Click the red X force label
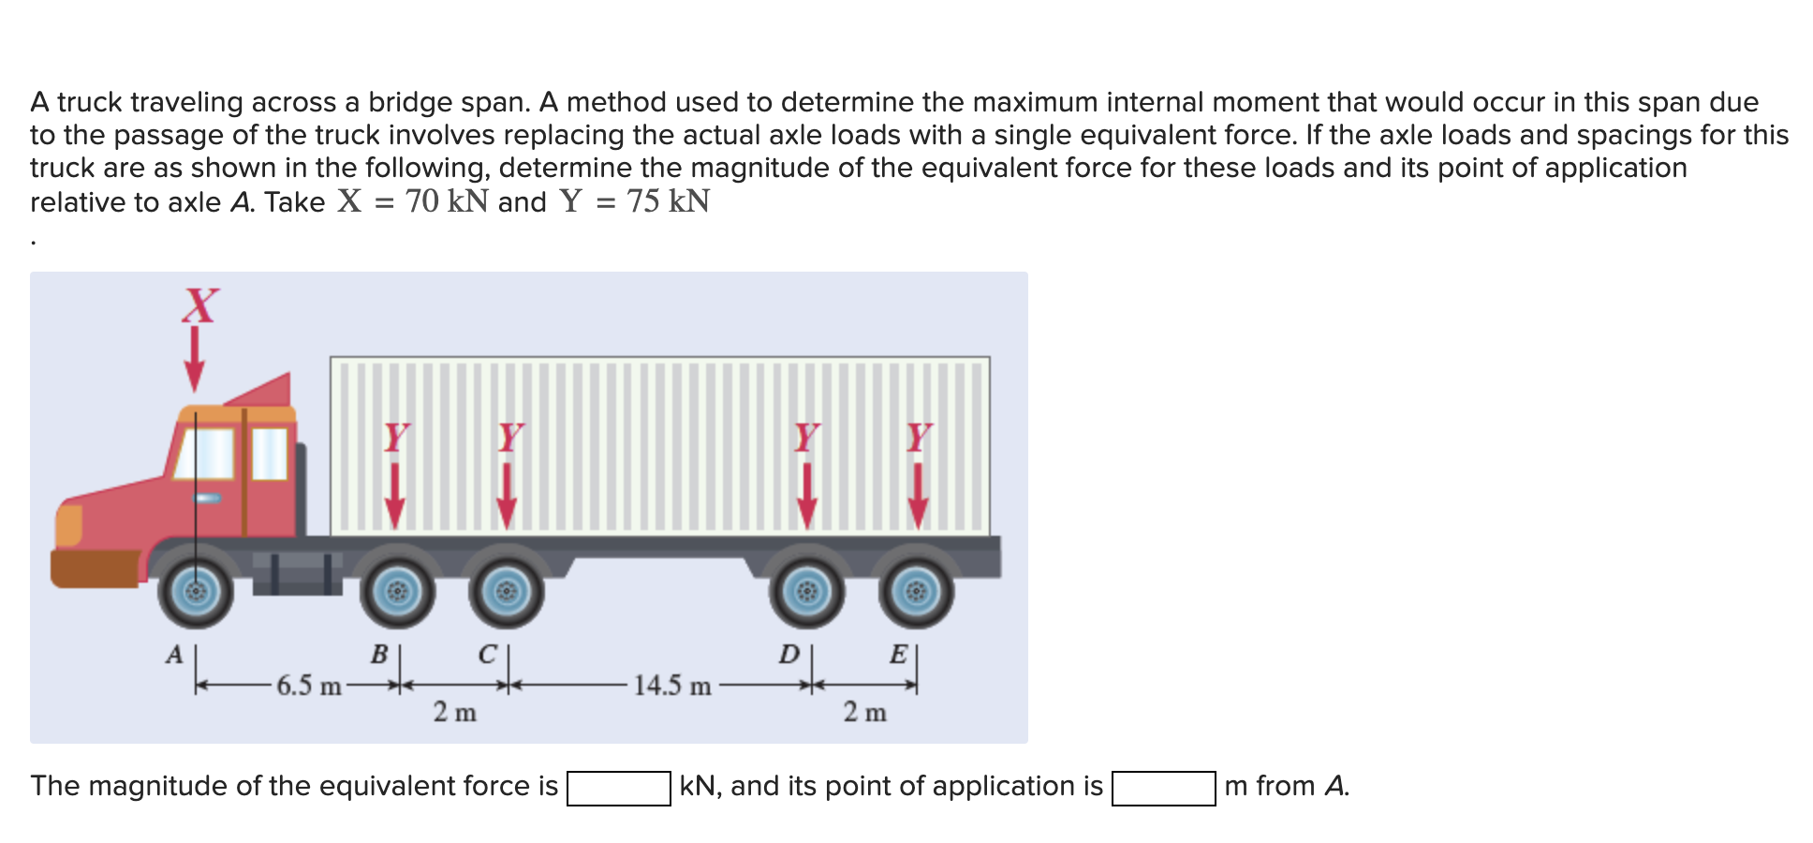click(x=200, y=305)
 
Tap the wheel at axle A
click(x=195, y=592)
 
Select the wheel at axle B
click(x=397, y=592)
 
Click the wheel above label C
click(x=507, y=592)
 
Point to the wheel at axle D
click(x=806, y=592)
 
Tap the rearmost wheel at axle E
click(x=917, y=592)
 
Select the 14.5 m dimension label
click(x=671, y=686)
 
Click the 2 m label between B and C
click(x=454, y=713)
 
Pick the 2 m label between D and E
click(x=863, y=713)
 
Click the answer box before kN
click(x=618, y=788)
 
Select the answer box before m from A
click(x=1163, y=788)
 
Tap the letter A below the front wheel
click(x=174, y=655)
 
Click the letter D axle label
click(x=789, y=654)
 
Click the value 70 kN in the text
click(x=447, y=201)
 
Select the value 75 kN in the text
click(x=668, y=201)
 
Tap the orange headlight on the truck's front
click(x=68, y=525)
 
